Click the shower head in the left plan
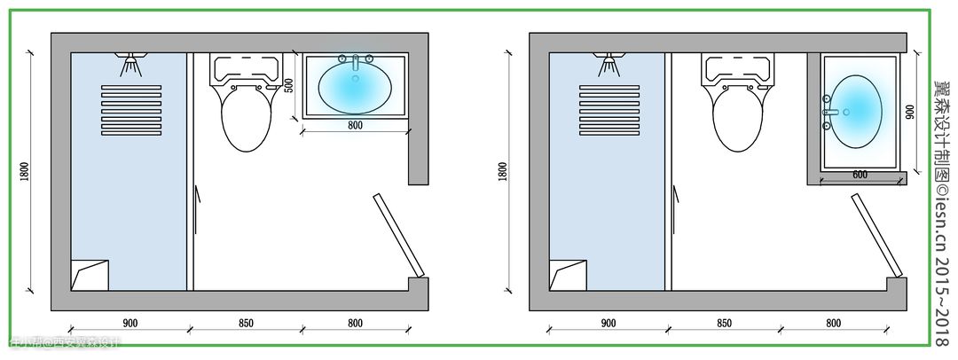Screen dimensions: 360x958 coord(131,64)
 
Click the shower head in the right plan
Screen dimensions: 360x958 coord(609,64)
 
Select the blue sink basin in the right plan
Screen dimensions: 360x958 coord(858,109)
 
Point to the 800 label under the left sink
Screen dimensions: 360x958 coord(355,126)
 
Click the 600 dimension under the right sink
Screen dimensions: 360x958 coord(860,175)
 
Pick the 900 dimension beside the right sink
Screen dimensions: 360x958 coord(910,112)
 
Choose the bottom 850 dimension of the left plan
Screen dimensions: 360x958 coord(247,324)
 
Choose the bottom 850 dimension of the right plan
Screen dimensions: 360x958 coord(725,324)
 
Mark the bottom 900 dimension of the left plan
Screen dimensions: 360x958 coord(131,324)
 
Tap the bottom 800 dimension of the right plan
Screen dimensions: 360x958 coord(833,324)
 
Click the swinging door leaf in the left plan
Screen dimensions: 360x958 coord(397,234)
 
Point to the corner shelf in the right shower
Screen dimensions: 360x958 coord(566,274)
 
